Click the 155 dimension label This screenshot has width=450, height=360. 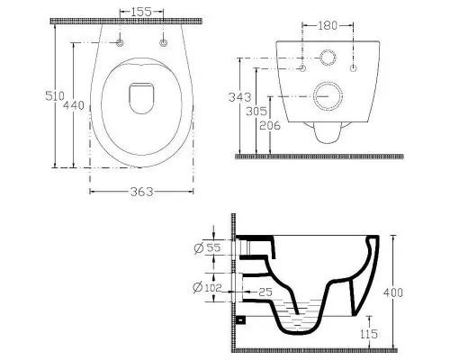pos(141,12)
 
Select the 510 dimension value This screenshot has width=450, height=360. pos(55,96)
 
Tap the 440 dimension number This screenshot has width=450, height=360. pos(74,105)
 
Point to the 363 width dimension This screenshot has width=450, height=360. pos(141,192)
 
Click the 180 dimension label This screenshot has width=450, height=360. pos(328,26)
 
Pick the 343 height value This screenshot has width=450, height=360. pos(239,97)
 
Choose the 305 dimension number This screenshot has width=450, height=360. pos(256,112)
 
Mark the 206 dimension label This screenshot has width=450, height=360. pos(270,125)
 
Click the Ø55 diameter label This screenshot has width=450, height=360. pos(207,248)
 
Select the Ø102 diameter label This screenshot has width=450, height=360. pos(207,288)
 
